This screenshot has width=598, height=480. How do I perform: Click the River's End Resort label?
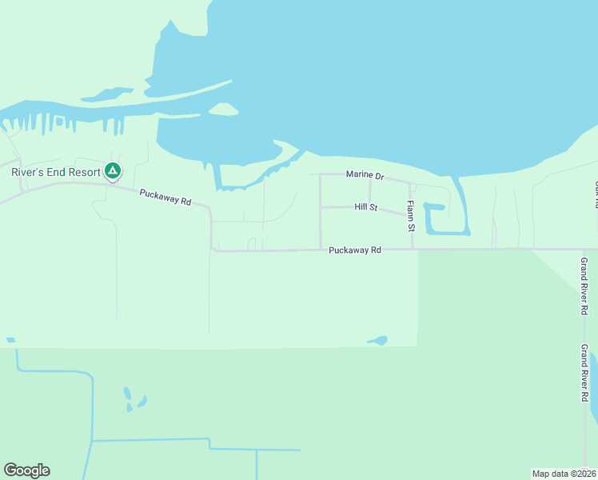click(55, 171)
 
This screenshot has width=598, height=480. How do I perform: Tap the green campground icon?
click(114, 171)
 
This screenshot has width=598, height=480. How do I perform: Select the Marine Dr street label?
click(365, 174)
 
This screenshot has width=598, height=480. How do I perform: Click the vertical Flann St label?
click(411, 217)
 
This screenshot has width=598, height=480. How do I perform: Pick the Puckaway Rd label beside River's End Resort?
click(165, 197)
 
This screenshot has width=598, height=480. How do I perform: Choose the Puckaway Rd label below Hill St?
click(354, 250)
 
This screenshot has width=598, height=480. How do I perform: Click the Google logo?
click(26, 470)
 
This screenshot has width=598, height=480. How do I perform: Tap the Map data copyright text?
click(564, 473)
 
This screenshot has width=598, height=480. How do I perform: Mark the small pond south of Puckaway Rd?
click(378, 341)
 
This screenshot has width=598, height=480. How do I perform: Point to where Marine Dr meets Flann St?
click(410, 182)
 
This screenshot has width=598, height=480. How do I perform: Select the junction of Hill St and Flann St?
click(411, 214)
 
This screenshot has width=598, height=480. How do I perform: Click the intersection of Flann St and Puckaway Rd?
click(412, 249)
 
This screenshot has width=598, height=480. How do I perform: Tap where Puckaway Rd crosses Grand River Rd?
click(577, 249)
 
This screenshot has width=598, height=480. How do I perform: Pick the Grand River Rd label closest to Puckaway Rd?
click(584, 286)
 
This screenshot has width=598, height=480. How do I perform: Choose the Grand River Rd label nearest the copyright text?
click(584, 373)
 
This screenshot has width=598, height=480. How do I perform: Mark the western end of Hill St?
click(321, 207)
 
